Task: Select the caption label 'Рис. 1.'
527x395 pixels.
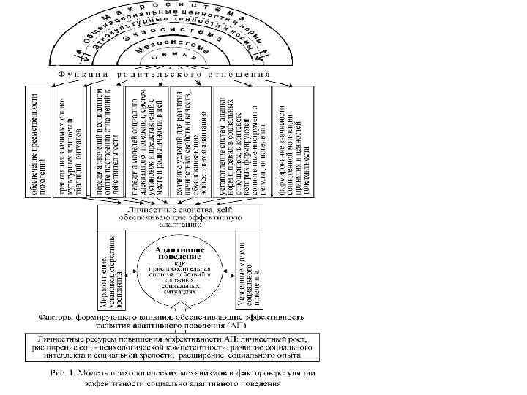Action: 65,372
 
